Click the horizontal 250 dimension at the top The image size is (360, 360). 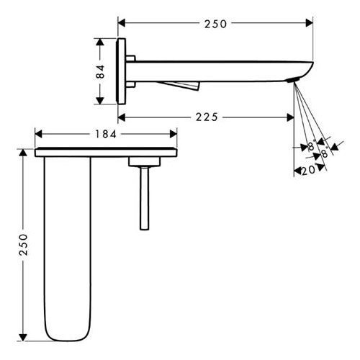tap(215, 24)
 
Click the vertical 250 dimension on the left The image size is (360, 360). tap(24, 244)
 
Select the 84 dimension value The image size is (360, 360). tap(100, 71)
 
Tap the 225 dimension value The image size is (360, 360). tap(207, 117)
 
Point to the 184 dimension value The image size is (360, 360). tap(106, 134)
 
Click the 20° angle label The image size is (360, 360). tap(309, 170)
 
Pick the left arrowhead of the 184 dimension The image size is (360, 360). tap(38, 134)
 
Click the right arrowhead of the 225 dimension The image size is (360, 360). tap(290, 117)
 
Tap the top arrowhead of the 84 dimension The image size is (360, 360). tap(100, 42)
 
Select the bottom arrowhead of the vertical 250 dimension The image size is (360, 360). tap(23, 337)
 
